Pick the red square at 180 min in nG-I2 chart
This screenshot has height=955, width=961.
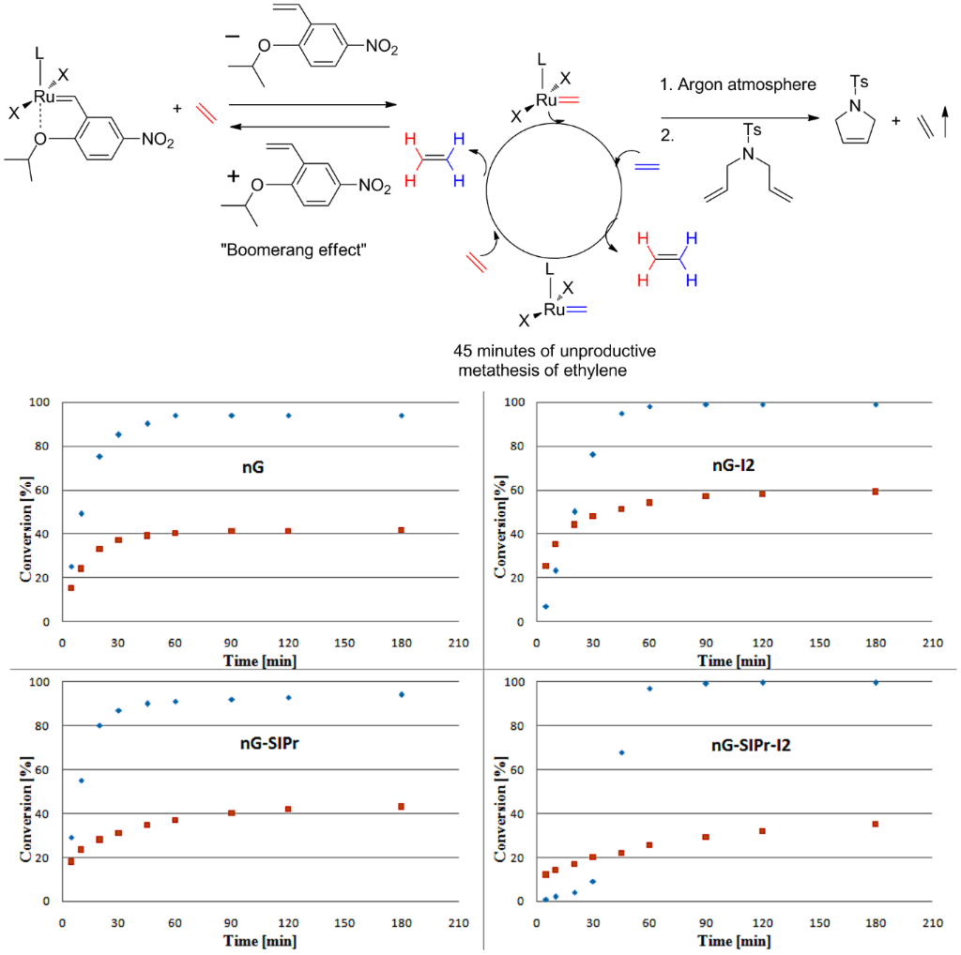pyautogui.click(x=875, y=492)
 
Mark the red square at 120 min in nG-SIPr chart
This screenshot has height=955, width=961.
pyautogui.click(x=288, y=809)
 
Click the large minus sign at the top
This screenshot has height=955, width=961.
pyautogui.click(x=232, y=38)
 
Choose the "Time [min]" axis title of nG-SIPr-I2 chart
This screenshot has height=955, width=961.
pyautogui.click(x=733, y=941)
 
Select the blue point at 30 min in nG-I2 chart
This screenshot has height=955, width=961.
pyautogui.click(x=593, y=455)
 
